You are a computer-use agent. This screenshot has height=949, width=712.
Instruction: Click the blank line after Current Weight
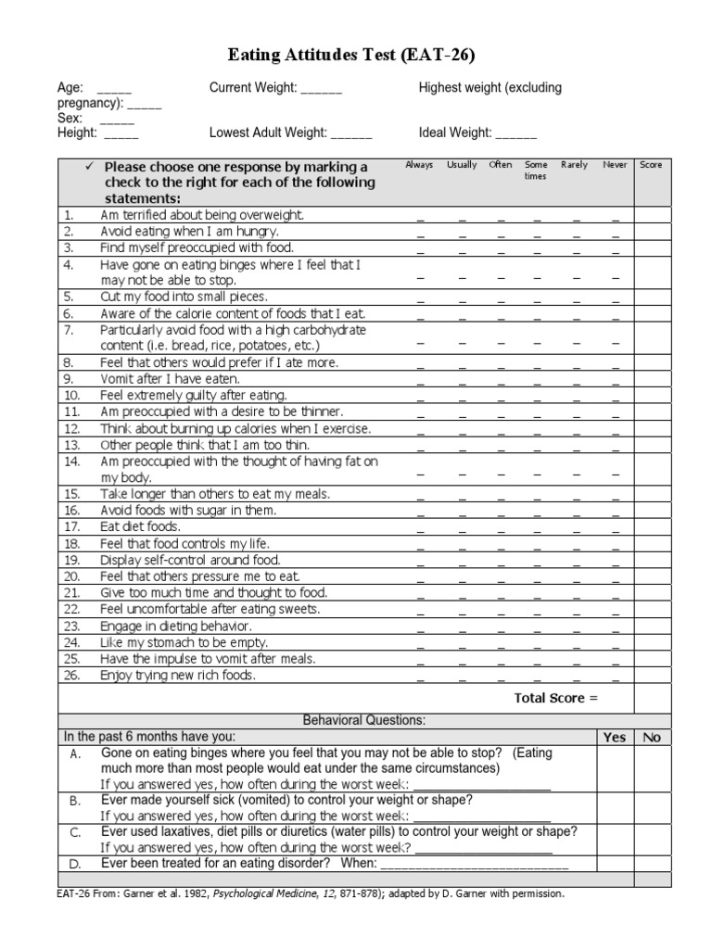tap(322, 91)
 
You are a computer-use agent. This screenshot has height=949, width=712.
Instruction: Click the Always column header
tap(419, 165)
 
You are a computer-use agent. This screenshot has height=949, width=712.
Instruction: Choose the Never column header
tap(615, 165)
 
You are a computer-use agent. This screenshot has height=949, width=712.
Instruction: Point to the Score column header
tap(651, 165)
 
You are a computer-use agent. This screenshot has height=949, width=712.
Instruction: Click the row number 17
tap(71, 526)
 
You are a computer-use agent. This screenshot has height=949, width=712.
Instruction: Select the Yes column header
tap(615, 737)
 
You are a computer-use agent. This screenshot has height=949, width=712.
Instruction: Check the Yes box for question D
tap(615, 863)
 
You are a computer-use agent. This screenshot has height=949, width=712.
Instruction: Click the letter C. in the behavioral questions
tap(77, 832)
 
